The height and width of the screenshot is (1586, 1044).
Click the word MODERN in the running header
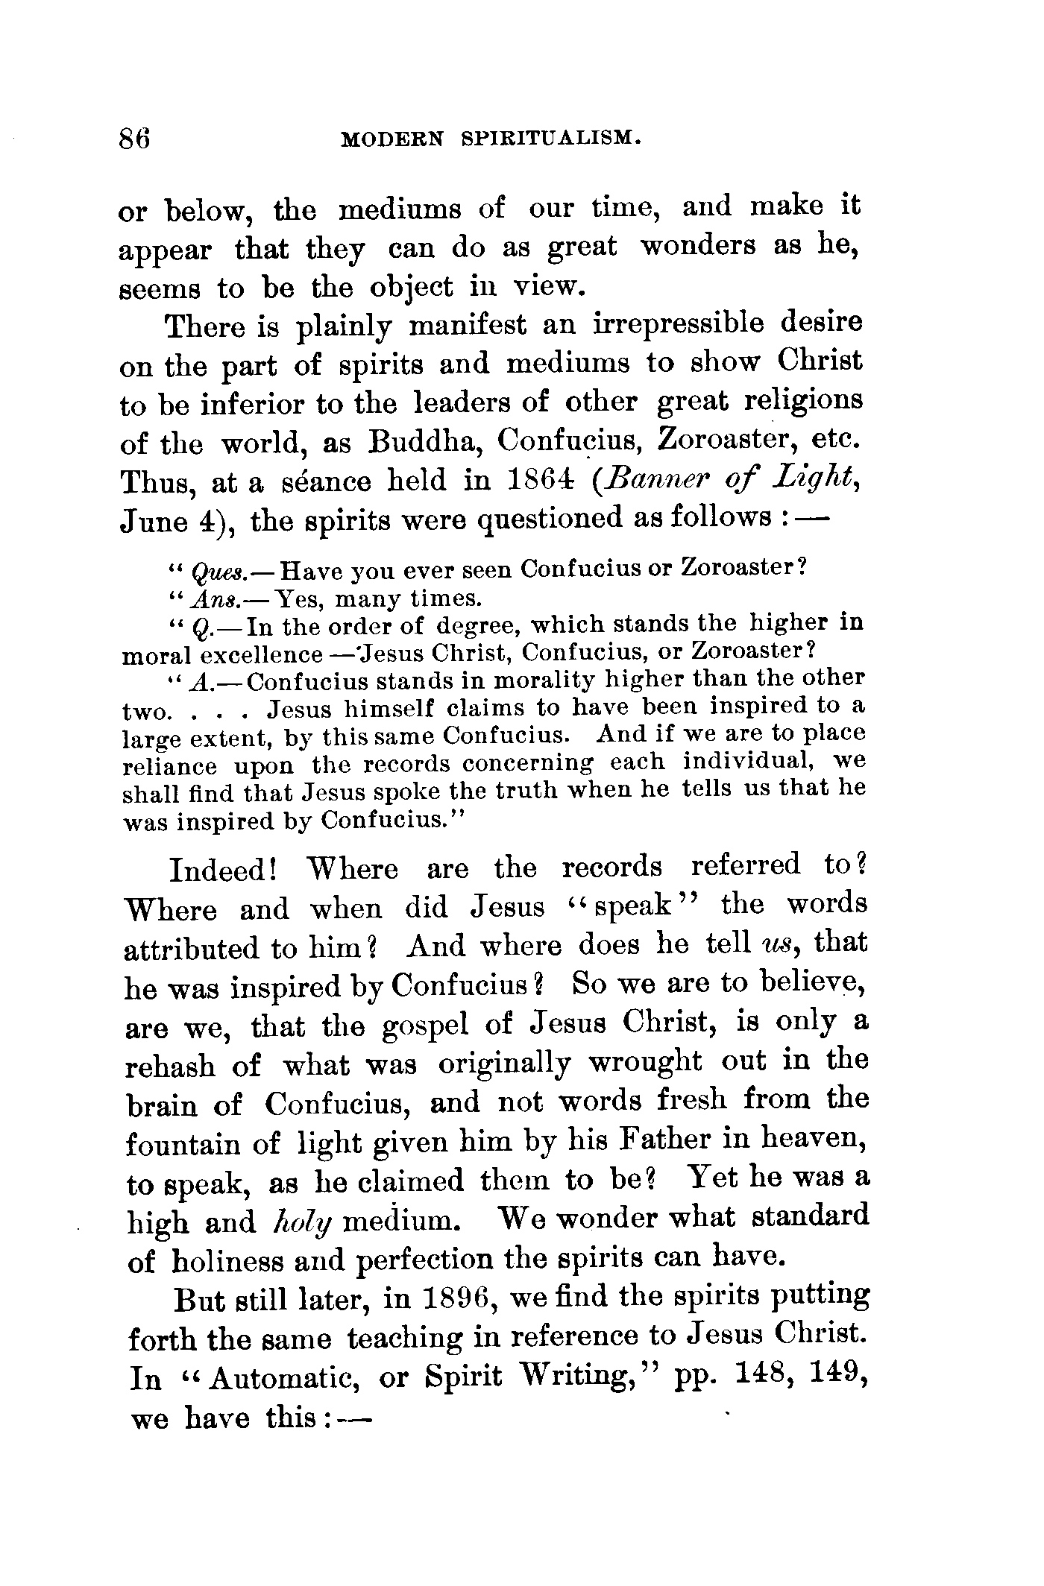click(391, 139)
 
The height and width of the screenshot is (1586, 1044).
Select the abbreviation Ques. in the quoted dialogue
click(214, 572)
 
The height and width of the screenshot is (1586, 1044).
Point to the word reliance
click(169, 766)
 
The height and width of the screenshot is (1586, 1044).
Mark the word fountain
click(180, 1143)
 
